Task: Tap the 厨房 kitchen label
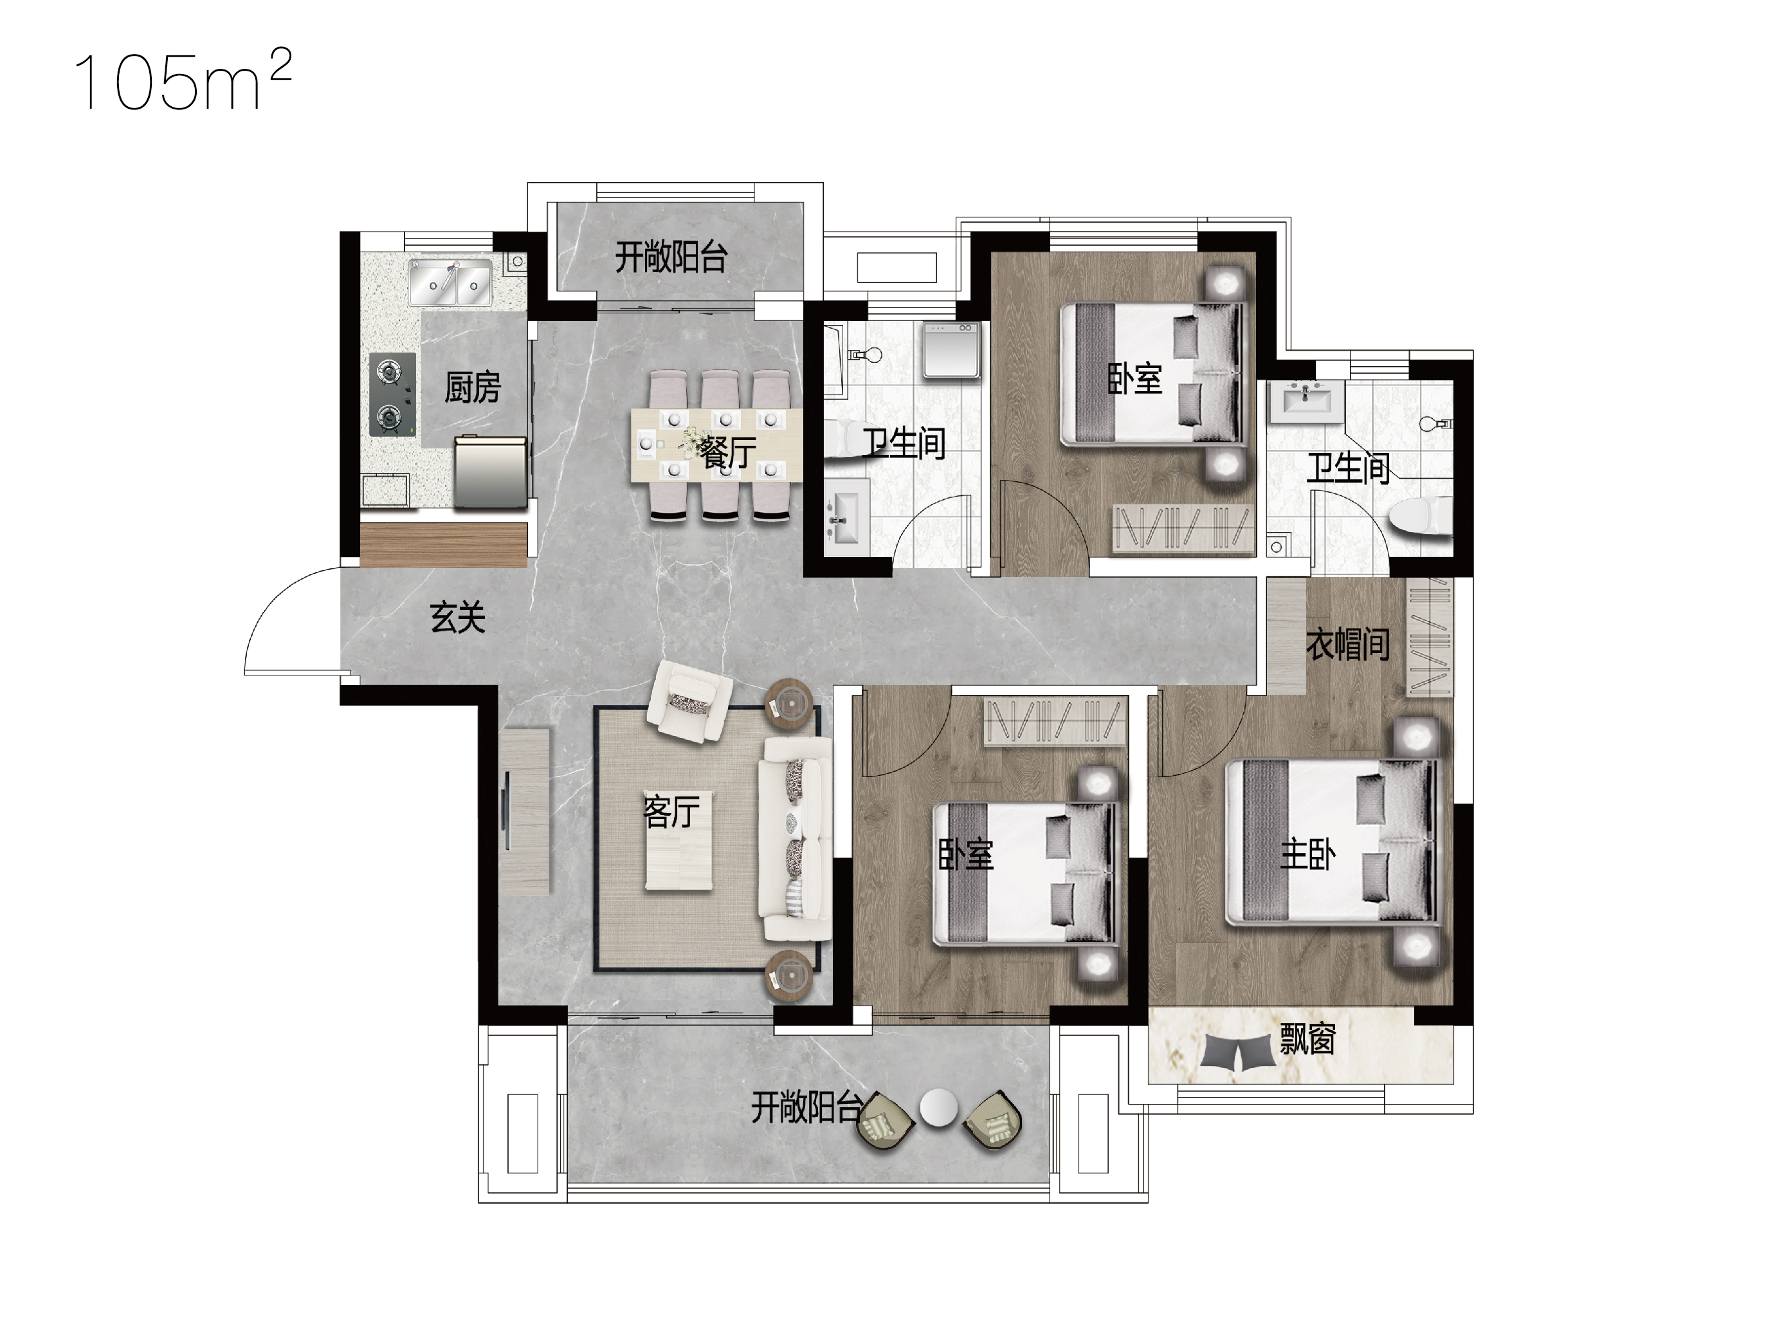tap(473, 388)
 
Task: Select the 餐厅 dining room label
tap(727, 453)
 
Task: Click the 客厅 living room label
tap(671, 811)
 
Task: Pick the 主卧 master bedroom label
tap(1307, 855)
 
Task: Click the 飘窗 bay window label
tap(1307, 1039)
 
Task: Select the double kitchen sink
tap(450, 282)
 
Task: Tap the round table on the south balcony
tap(938, 1108)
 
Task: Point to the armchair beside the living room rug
tap(688, 701)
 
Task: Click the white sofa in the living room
tap(794, 838)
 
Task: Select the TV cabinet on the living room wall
tap(526, 811)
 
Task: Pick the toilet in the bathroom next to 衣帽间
tap(1419, 515)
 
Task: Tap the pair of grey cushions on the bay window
tap(1237, 1052)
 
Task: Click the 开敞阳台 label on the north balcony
tap(671, 258)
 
